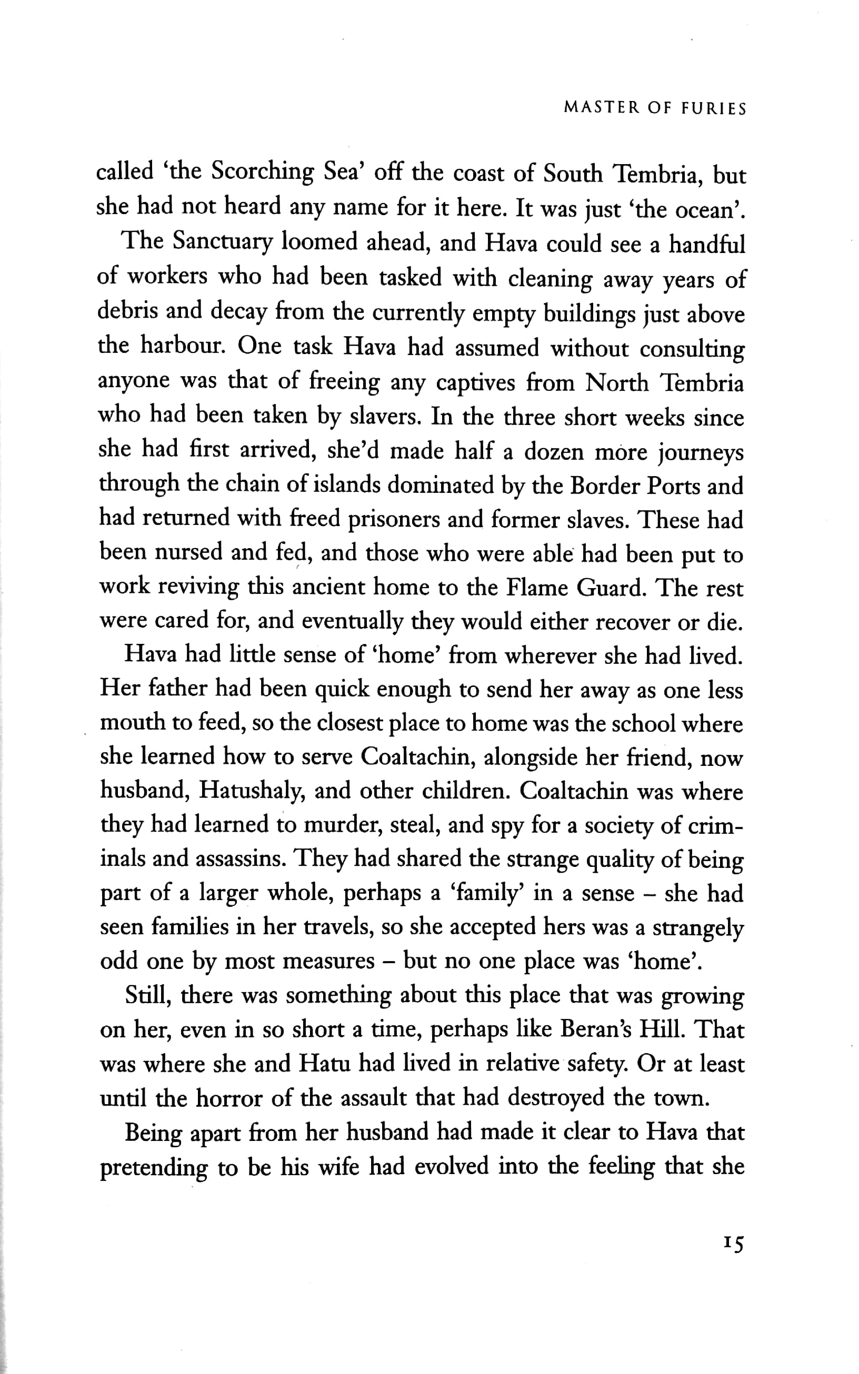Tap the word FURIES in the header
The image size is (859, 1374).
(713, 108)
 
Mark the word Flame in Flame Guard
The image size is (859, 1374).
(538, 588)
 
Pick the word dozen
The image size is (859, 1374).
(553, 452)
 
